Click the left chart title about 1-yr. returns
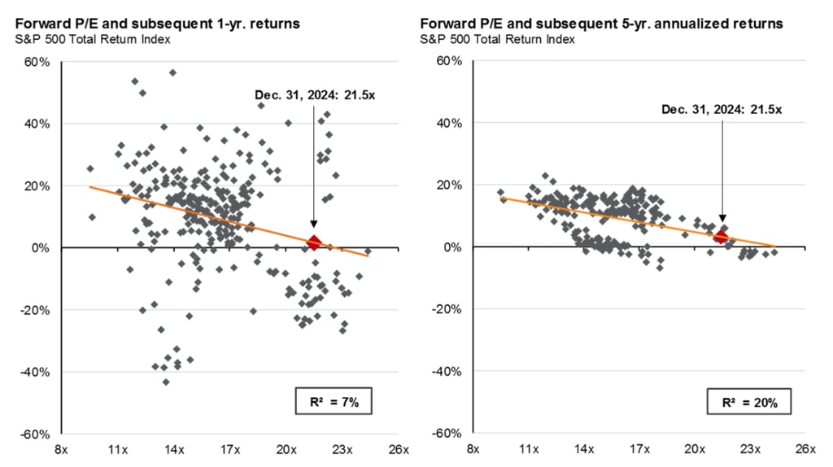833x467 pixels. point(157,24)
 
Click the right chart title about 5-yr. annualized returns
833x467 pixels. point(601,24)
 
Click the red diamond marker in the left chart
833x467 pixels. point(314,242)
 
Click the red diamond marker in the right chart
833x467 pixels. point(720,236)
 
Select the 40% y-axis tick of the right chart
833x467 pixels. point(449,124)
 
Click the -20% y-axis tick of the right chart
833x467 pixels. point(447,310)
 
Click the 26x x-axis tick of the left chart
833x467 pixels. point(398,450)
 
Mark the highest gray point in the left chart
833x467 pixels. point(172,72)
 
